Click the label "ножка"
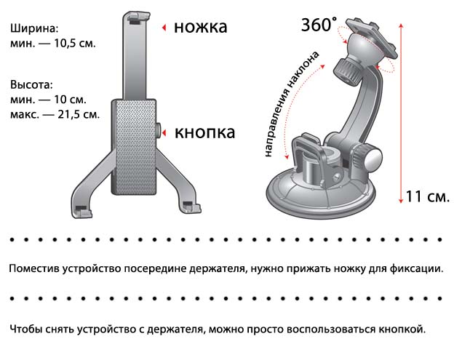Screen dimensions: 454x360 200,27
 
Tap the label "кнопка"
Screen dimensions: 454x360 204,133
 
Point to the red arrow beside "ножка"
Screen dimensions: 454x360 164,28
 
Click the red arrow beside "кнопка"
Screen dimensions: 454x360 164,133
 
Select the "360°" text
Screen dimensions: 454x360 319,24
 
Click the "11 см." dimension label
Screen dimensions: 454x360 427,196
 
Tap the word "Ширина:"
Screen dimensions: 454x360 34,29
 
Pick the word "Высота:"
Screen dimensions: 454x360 32,85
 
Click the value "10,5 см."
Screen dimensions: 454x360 75,44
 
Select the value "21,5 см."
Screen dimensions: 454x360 78,115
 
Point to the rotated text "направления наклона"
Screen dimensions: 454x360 292,105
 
